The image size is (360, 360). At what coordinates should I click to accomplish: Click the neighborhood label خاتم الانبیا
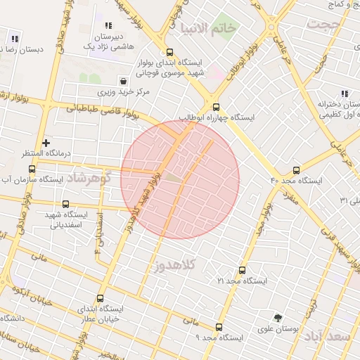click(x=209, y=28)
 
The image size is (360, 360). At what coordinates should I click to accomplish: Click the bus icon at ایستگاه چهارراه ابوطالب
click(x=216, y=108)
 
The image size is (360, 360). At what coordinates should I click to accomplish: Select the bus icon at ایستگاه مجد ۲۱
click(x=243, y=270)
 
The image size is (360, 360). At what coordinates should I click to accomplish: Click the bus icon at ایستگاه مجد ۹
click(x=219, y=327)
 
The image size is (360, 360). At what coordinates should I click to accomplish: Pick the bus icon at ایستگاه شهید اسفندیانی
click(x=66, y=205)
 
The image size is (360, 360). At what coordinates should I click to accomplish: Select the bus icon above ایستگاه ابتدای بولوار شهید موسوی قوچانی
click(x=169, y=51)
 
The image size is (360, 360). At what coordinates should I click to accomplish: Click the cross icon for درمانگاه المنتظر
click(x=46, y=143)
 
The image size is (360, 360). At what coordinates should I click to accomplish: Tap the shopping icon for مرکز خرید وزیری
click(x=124, y=81)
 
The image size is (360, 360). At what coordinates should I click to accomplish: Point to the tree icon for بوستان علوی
click(x=278, y=318)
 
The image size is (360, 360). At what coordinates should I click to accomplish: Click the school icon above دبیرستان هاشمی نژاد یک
click(x=108, y=25)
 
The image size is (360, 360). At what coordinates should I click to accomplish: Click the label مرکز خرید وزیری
click(x=123, y=92)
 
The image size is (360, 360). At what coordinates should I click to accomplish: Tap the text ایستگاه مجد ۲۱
click(x=243, y=281)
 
